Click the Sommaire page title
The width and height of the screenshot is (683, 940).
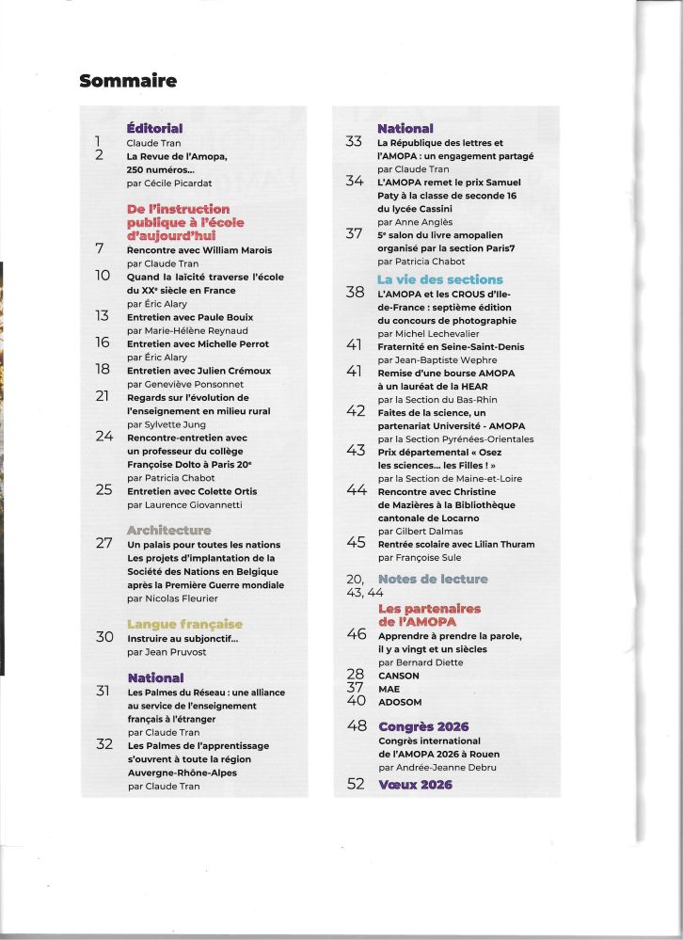pos(128,81)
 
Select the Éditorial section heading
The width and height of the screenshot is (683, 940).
pos(154,128)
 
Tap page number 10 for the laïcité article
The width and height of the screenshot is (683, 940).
pos(103,277)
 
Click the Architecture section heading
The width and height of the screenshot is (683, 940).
pos(168,531)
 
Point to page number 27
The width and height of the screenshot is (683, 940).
pos(104,544)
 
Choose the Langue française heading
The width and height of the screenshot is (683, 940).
pos(184,624)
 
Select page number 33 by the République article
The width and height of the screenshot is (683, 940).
pos(355,142)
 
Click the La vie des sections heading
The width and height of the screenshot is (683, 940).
pos(439,279)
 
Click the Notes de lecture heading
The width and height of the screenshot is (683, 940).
pos(433,579)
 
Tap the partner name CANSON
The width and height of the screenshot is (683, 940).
pos(398,676)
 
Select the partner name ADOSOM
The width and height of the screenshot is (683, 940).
pos(402,701)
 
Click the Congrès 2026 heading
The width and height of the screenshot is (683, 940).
pos(422,726)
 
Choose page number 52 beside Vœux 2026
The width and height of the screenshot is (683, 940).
pos(356,784)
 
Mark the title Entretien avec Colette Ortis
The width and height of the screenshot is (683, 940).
pos(191,491)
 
